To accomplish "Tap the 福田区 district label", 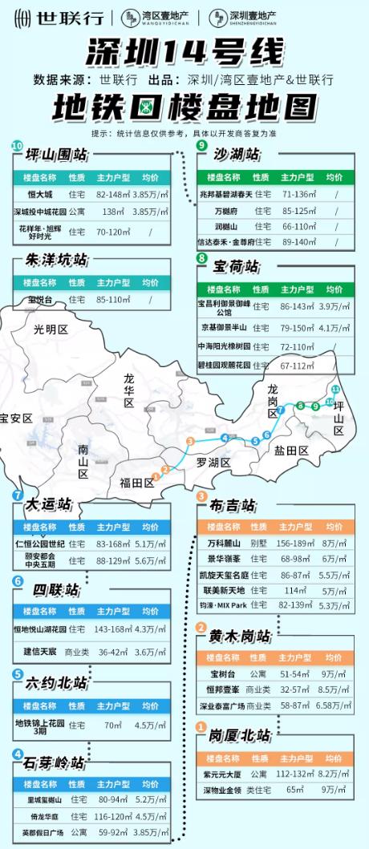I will point(136,482).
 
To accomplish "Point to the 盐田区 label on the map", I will point(290,451).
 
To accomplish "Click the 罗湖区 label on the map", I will point(213,463).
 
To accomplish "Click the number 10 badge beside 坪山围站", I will point(17,146).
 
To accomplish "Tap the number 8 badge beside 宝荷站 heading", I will point(201,257).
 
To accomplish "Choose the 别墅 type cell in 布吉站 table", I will point(258,543).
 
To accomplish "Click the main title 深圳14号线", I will point(184,53).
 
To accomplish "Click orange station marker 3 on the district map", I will point(190,441).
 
